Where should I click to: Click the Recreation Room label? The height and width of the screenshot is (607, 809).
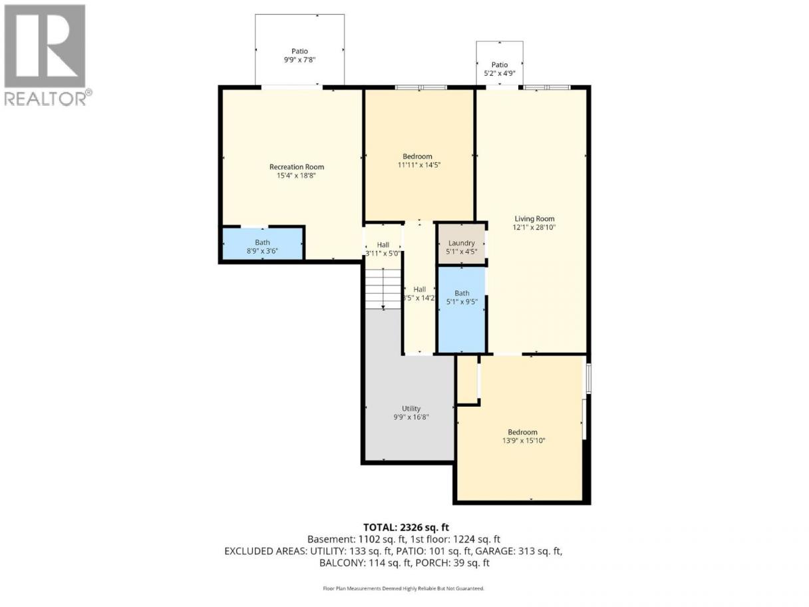296,167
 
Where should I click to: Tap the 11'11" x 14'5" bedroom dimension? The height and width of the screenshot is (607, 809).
419,165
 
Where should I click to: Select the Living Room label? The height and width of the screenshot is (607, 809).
534,218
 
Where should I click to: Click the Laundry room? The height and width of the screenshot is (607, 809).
461,244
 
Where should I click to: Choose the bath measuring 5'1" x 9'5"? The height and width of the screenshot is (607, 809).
461,309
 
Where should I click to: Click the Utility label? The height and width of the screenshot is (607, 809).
411,409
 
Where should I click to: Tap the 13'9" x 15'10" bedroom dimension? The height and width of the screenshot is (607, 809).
524,441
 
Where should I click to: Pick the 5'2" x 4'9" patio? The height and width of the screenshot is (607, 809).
500,63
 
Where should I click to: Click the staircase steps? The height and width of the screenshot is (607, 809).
383,289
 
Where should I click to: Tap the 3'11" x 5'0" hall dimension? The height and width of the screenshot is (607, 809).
383,253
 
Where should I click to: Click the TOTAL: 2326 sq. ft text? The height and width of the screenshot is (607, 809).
406,527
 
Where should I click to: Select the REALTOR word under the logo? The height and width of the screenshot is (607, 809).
46,99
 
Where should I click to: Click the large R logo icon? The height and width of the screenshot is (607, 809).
45,46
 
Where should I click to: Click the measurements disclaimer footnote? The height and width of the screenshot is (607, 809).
404,588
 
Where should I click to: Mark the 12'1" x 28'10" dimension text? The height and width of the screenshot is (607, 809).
534,228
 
